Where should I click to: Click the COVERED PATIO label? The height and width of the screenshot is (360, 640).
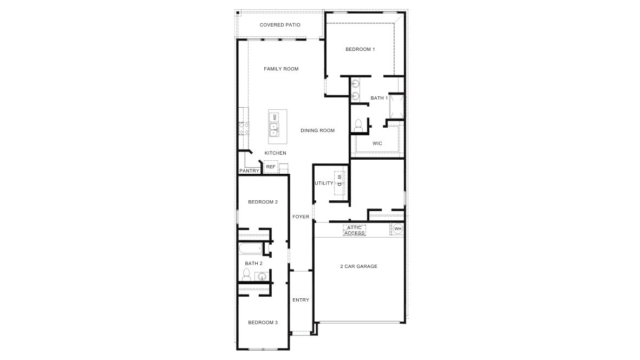click(x=280, y=25)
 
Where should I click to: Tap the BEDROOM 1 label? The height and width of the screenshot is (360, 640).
click(x=360, y=49)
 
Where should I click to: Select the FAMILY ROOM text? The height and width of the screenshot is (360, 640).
click(x=281, y=69)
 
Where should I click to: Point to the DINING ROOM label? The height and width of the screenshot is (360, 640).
click(x=317, y=130)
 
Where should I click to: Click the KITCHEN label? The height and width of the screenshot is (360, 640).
click(x=276, y=153)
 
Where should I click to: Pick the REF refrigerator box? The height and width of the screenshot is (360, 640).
click(x=271, y=167)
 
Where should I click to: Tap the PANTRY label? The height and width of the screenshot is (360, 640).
click(x=250, y=171)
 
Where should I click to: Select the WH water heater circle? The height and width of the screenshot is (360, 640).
click(x=397, y=229)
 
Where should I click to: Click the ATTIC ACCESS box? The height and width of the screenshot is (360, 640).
click(x=354, y=231)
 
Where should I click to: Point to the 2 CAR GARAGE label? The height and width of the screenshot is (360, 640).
click(x=359, y=266)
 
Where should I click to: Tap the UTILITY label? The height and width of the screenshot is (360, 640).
click(x=324, y=184)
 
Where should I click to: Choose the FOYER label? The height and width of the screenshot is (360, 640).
click(x=301, y=217)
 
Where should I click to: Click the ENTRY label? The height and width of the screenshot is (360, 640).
click(x=301, y=300)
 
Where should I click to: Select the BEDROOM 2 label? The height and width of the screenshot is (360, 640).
click(x=263, y=202)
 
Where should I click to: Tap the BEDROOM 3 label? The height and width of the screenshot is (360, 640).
click(x=263, y=323)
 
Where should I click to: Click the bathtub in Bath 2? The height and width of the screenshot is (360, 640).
click(x=251, y=248)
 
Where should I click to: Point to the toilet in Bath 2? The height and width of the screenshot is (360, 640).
click(x=246, y=274)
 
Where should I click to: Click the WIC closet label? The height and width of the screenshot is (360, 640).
click(x=377, y=143)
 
